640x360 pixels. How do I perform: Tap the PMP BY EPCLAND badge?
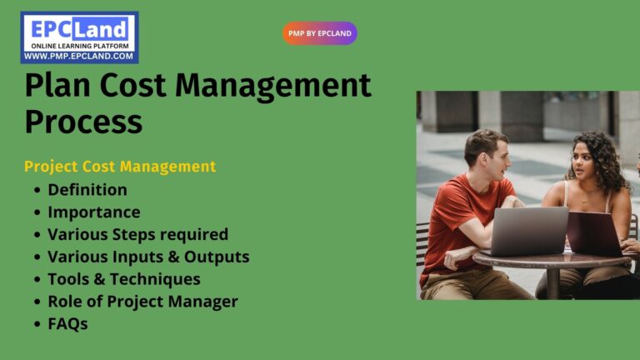[320, 33]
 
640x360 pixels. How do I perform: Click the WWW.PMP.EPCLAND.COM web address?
[79, 56]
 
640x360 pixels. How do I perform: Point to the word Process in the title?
[83, 122]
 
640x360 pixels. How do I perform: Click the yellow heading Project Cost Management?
[120, 167]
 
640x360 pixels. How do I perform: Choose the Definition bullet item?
[87, 189]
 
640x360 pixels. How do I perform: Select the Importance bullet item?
[93, 212]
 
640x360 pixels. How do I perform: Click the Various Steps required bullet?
[137, 234]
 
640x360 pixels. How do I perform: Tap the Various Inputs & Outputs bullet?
[148, 257]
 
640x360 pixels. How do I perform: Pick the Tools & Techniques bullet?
[123, 279]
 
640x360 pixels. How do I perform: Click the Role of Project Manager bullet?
[142, 302]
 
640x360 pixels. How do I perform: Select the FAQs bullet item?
[67, 324]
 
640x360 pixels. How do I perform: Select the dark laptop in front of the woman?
[593, 233]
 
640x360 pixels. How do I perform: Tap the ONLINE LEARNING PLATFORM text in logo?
[79, 45]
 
